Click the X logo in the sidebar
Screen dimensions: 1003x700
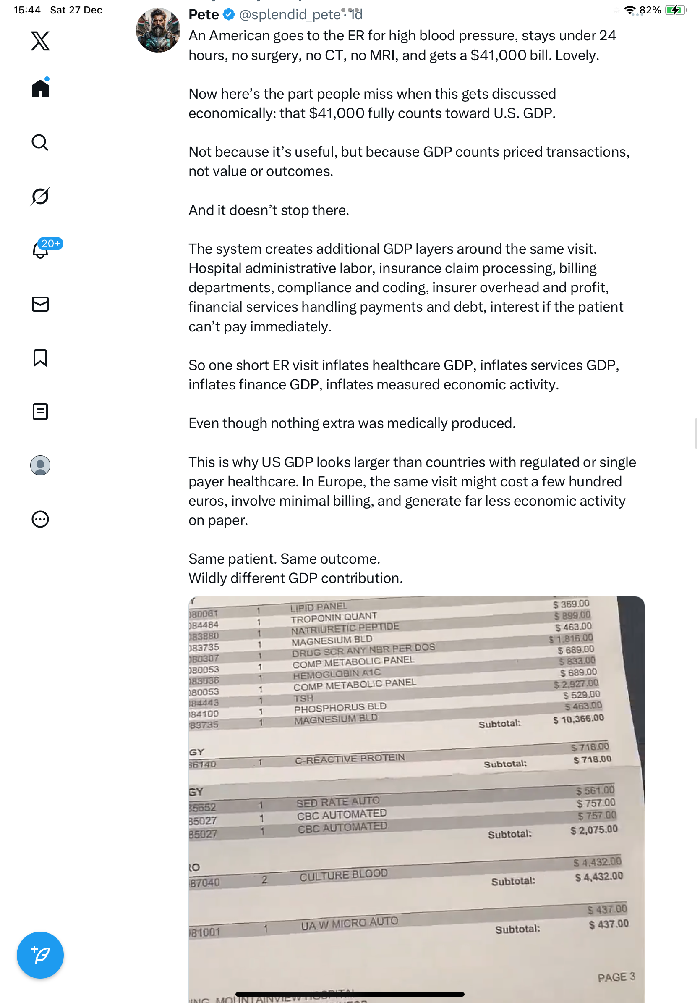pyautogui.click(x=40, y=41)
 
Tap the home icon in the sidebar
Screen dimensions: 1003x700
pyautogui.click(x=40, y=89)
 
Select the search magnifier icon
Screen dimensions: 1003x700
pyautogui.click(x=40, y=142)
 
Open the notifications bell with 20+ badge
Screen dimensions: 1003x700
pyautogui.click(x=41, y=250)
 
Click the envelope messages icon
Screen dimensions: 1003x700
pyautogui.click(x=40, y=304)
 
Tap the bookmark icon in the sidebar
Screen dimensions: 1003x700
pyautogui.click(x=40, y=358)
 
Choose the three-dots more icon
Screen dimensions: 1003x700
pyautogui.click(x=40, y=519)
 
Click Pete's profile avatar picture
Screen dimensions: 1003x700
pyautogui.click(x=158, y=31)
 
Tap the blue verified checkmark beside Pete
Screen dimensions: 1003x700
pyautogui.click(x=229, y=15)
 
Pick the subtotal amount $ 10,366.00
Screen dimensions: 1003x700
pyautogui.click(x=578, y=719)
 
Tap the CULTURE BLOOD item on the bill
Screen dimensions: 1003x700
pyautogui.click(x=343, y=875)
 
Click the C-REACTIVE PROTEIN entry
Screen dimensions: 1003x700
pyautogui.click(x=350, y=759)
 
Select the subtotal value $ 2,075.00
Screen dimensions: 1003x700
pyautogui.click(x=594, y=830)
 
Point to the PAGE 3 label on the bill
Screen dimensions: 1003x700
pyautogui.click(x=616, y=977)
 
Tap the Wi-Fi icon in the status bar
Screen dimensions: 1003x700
pyautogui.click(x=630, y=10)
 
